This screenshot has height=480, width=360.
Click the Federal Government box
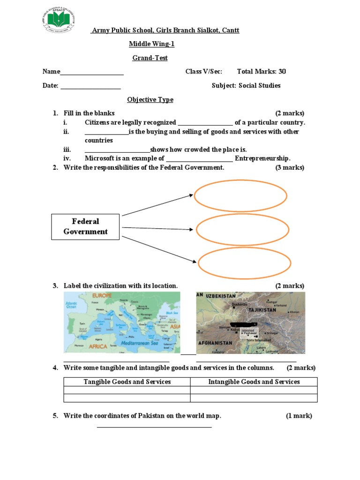tap(85, 226)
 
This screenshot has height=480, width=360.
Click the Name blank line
tap(92, 74)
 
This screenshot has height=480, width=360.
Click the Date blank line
tap(90, 88)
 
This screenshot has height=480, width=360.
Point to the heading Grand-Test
tap(150, 58)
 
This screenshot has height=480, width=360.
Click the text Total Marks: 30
tap(261, 72)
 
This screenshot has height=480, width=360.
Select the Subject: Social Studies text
tap(246, 86)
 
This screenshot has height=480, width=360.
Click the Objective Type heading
tap(150, 100)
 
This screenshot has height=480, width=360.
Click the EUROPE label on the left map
tap(102, 296)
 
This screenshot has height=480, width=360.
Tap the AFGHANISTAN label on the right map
tap(215, 343)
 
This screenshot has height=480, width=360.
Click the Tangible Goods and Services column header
tap(127, 382)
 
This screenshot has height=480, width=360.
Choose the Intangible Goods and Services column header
tap(254, 382)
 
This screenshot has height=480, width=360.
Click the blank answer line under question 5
tap(154, 426)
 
